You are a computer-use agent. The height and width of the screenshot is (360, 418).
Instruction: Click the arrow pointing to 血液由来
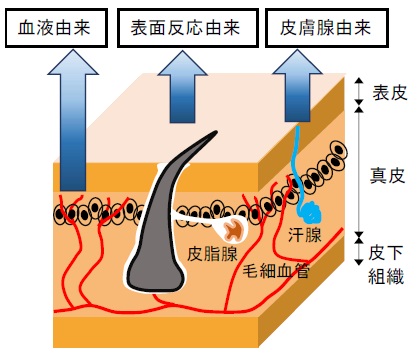(73, 121)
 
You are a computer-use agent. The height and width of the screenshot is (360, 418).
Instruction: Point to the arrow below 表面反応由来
(183, 87)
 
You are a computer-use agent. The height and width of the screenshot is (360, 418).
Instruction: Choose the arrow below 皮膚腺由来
(297, 86)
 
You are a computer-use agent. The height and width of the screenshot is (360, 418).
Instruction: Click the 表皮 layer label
(390, 92)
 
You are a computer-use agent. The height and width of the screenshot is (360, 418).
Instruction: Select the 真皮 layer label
(388, 175)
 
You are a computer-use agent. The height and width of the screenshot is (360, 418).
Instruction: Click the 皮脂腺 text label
(212, 254)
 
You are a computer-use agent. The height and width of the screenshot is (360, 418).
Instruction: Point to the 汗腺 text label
(305, 235)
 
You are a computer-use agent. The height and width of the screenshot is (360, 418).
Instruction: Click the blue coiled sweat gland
(310, 212)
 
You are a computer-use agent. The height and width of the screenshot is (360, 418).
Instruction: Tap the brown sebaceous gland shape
(234, 230)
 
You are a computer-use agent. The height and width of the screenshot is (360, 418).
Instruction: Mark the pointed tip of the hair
(216, 132)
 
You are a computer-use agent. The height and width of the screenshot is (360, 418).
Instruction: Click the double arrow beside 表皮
(359, 91)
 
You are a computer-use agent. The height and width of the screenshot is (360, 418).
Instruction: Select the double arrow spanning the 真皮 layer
(359, 173)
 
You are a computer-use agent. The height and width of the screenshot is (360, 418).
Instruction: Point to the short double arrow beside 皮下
(359, 252)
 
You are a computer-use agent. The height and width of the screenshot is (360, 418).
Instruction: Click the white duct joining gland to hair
(197, 217)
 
